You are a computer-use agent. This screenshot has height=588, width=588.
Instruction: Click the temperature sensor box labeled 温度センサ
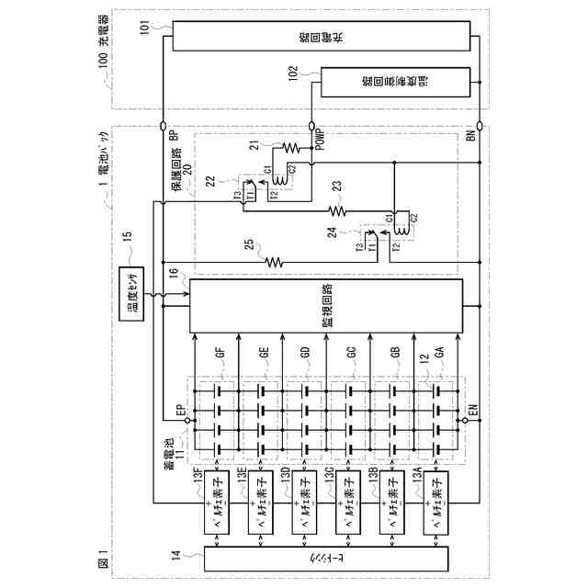[135, 301]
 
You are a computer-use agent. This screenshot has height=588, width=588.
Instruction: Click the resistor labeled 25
[272, 260]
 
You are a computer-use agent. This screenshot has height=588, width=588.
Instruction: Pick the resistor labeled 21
[292, 146]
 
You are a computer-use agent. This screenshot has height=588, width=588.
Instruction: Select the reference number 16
[173, 273]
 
